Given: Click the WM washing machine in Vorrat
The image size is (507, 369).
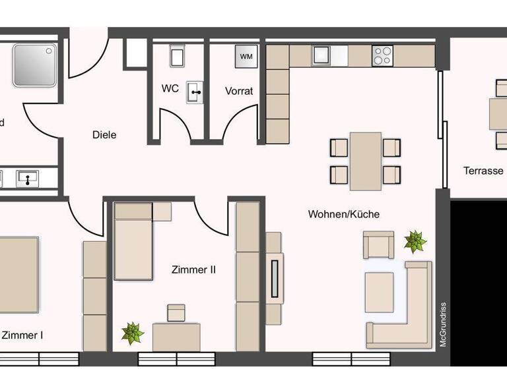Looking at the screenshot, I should coord(246,56).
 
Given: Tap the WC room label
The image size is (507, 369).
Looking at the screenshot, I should coord(170,88).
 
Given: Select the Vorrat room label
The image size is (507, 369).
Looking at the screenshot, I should coord(239,91).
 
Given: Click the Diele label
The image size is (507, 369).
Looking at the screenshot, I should coord(104,134).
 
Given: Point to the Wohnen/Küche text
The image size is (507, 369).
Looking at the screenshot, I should coord(344,213).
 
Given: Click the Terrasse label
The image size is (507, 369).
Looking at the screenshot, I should coord(483,171).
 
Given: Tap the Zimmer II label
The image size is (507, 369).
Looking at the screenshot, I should coord(193,270).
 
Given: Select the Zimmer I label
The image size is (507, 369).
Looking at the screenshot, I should coord(23,335).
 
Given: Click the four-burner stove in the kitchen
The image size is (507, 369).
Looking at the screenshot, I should coord(382,55).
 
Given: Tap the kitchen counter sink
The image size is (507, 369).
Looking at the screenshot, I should coord(321,55).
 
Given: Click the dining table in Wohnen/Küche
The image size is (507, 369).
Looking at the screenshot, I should coord(365,160).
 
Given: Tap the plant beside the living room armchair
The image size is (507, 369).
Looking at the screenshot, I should coord(415,241).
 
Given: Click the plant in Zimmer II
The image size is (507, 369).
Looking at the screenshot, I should coord(133,332).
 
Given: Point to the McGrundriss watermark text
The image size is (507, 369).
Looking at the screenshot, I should coord(444,324).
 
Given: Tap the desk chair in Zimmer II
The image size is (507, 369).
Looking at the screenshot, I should coord(176,312).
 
